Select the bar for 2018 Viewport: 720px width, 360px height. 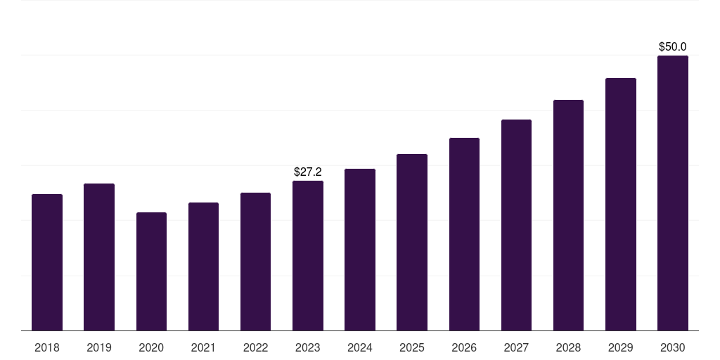(x=47, y=262)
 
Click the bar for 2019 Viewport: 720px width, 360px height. (x=99, y=257)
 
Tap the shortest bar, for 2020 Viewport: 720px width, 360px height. (x=152, y=271)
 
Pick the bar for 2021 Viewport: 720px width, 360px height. (x=203, y=266)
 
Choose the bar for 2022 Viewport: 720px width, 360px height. (x=255, y=262)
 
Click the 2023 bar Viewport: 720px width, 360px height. (x=308, y=256)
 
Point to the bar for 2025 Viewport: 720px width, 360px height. (x=412, y=243)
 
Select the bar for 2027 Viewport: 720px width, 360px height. (x=516, y=225)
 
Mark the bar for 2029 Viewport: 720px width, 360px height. (x=621, y=205)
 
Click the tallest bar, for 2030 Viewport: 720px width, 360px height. (x=673, y=193)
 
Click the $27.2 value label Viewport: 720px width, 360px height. (x=308, y=172)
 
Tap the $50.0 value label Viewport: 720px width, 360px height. (x=673, y=47)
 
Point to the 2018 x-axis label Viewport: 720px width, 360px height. (x=47, y=348)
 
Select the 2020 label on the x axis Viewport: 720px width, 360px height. (x=151, y=348)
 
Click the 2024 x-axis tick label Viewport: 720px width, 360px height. (x=360, y=348)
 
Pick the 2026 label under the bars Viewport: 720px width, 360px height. (x=464, y=348)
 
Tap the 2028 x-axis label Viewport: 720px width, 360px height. (x=568, y=348)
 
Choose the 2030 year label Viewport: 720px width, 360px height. (x=673, y=348)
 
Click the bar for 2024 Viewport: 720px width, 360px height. (x=360, y=250)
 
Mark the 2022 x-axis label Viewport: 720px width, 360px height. (x=255, y=348)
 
